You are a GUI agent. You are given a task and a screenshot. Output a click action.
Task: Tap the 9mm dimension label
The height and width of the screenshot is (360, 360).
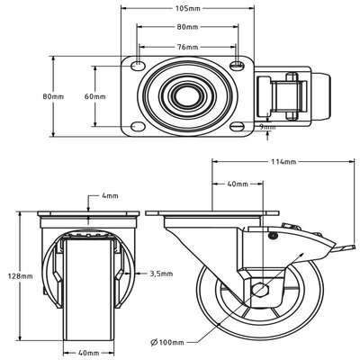(266, 127)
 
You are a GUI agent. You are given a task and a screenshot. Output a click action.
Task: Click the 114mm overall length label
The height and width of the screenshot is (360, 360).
(283, 162)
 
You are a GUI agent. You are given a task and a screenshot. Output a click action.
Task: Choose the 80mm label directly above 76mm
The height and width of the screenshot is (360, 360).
(188, 26)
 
